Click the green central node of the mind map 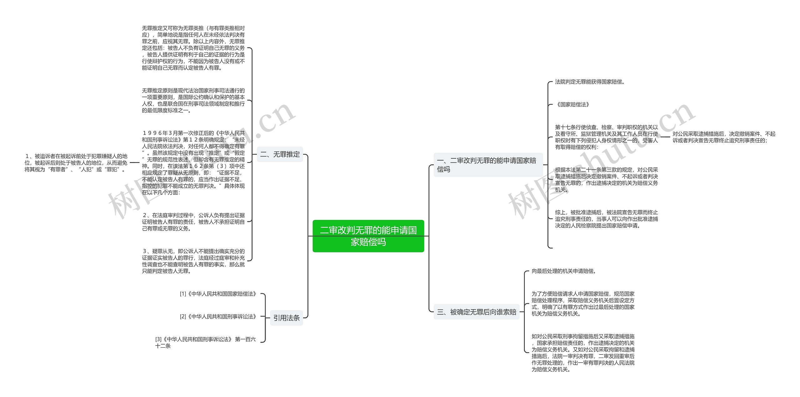368,236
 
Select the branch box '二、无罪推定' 280,154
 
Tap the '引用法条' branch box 286,318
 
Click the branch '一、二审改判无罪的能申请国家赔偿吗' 488,165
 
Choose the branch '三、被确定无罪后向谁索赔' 476,312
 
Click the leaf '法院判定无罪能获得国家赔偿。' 589,82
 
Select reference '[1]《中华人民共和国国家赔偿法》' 218,294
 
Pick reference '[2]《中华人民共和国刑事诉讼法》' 218,317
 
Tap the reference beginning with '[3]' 205,342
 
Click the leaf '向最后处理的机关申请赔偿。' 564,271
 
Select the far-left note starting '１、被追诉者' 76,163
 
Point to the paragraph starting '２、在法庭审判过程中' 193,222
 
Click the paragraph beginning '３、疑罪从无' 193,261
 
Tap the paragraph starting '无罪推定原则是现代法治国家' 193,100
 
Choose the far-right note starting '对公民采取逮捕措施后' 724,137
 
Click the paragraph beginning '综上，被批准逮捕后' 606,219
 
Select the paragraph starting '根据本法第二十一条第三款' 606,180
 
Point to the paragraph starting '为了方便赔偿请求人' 583,304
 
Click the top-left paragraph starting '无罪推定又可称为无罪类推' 193,48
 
